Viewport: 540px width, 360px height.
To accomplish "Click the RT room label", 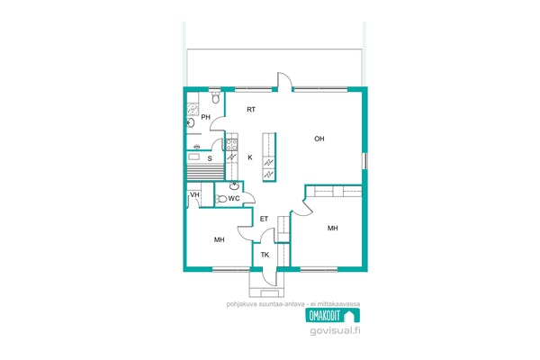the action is [x=251, y=110].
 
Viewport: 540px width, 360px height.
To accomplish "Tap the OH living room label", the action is [x=319, y=139].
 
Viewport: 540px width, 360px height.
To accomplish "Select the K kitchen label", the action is [x=250, y=157].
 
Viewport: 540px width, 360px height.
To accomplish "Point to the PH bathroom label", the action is [x=205, y=117].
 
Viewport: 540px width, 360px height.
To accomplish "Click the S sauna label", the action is [x=210, y=158].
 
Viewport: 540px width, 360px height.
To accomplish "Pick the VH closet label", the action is [x=195, y=195].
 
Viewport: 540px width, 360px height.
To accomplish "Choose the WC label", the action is [x=234, y=198].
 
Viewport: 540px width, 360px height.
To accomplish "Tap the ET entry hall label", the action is [x=264, y=219].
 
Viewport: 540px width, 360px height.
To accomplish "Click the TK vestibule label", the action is [x=265, y=255].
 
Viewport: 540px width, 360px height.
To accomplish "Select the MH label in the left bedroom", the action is [x=220, y=239].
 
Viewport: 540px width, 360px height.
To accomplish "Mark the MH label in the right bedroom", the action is [x=333, y=228].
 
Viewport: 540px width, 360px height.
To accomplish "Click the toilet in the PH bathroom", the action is [x=216, y=97].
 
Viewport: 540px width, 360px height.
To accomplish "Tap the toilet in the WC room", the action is [x=220, y=199].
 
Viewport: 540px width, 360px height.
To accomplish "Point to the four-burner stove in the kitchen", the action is [x=232, y=145].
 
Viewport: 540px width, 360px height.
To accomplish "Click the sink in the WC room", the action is [x=235, y=186].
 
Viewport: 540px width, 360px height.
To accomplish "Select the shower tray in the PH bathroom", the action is [x=193, y=110].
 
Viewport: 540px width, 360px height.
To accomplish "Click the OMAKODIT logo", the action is [x=333, y=315].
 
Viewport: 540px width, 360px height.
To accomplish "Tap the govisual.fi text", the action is [x=335, y=330].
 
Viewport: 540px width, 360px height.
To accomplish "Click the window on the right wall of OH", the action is [x=364, y=161].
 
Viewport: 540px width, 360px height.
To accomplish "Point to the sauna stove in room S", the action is [x=193, y=157].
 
